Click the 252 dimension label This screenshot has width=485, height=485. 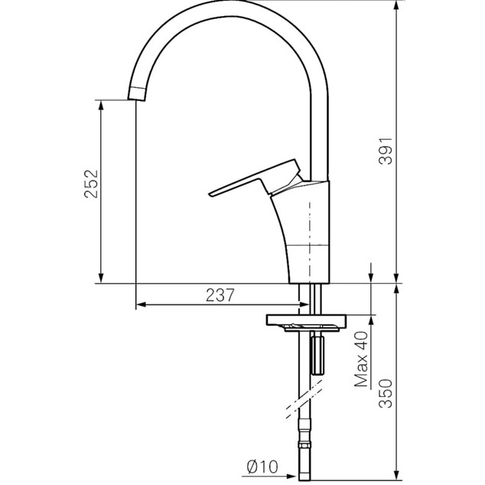tap(91, 184)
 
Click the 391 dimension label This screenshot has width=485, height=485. tap(386, 151)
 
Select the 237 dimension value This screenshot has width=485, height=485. tap(220, 295)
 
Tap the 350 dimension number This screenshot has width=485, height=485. tap(386, 393)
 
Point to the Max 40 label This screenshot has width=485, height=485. tap(361, 360)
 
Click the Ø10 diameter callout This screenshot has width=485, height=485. tap(262, 467)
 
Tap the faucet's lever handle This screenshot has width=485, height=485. tap(254, 178)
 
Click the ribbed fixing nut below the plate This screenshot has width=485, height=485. tap(317, 356)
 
